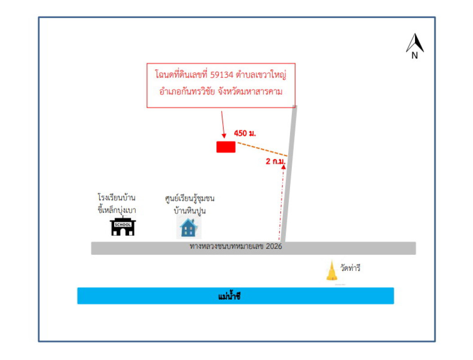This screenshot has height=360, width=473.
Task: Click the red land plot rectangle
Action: (x=226, y=147)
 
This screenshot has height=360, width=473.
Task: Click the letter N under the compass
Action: (x=415, y=56)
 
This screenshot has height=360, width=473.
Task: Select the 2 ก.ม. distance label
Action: (x=276, y=160)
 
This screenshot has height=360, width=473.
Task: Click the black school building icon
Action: (x=123, y=227)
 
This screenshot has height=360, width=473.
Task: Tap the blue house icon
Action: (x=189, y=228)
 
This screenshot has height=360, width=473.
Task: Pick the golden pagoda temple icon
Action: (x=332, y=271)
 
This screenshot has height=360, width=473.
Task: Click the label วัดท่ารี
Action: (x=351, y=269)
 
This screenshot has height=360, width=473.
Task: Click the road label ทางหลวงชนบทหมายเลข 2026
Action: (x=236, y=247)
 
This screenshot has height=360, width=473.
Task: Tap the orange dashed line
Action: (x=262, y=149)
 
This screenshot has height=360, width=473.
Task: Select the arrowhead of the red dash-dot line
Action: (x=283, y=166)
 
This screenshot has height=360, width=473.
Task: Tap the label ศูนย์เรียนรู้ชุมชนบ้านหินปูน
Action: (x=189, y=203)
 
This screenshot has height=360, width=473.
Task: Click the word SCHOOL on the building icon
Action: (x=123, y=224)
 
